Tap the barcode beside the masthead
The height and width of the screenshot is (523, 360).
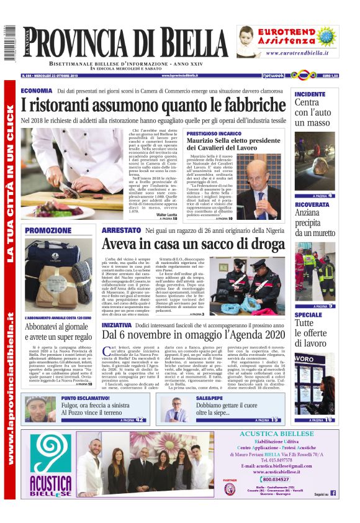[9, 43]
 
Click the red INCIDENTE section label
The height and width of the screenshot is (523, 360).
[310, 94]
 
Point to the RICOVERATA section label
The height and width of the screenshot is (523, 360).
[312, 204]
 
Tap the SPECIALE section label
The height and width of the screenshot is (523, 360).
[308, 315]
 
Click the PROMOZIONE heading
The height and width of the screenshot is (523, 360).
[48, 231]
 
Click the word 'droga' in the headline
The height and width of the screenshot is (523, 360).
[263, 245]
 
